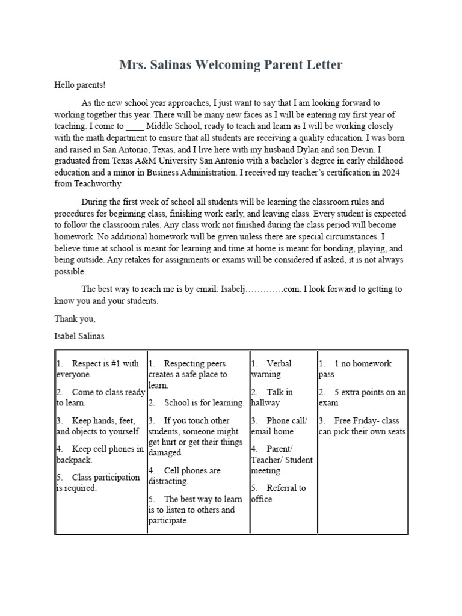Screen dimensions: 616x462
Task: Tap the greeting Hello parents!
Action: (80, 85)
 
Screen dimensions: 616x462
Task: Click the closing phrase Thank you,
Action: (75, 318)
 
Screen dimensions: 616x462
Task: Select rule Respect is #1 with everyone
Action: (99, 369)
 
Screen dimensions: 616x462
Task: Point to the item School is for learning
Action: (203, 403)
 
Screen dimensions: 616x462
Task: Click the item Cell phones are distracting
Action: (186, 476)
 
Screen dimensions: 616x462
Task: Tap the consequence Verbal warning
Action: (271, 369)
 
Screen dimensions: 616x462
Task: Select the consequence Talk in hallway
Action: (272, 398)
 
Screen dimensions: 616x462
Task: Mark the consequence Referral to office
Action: (279, 493)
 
